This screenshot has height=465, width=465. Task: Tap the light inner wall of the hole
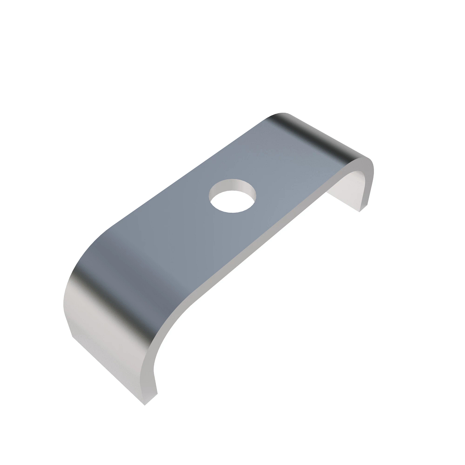click(x=237, y=185)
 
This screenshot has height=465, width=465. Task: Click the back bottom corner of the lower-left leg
click(x=72, y=336)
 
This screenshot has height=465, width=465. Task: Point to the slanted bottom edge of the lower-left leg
click(x=108, y=370)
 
